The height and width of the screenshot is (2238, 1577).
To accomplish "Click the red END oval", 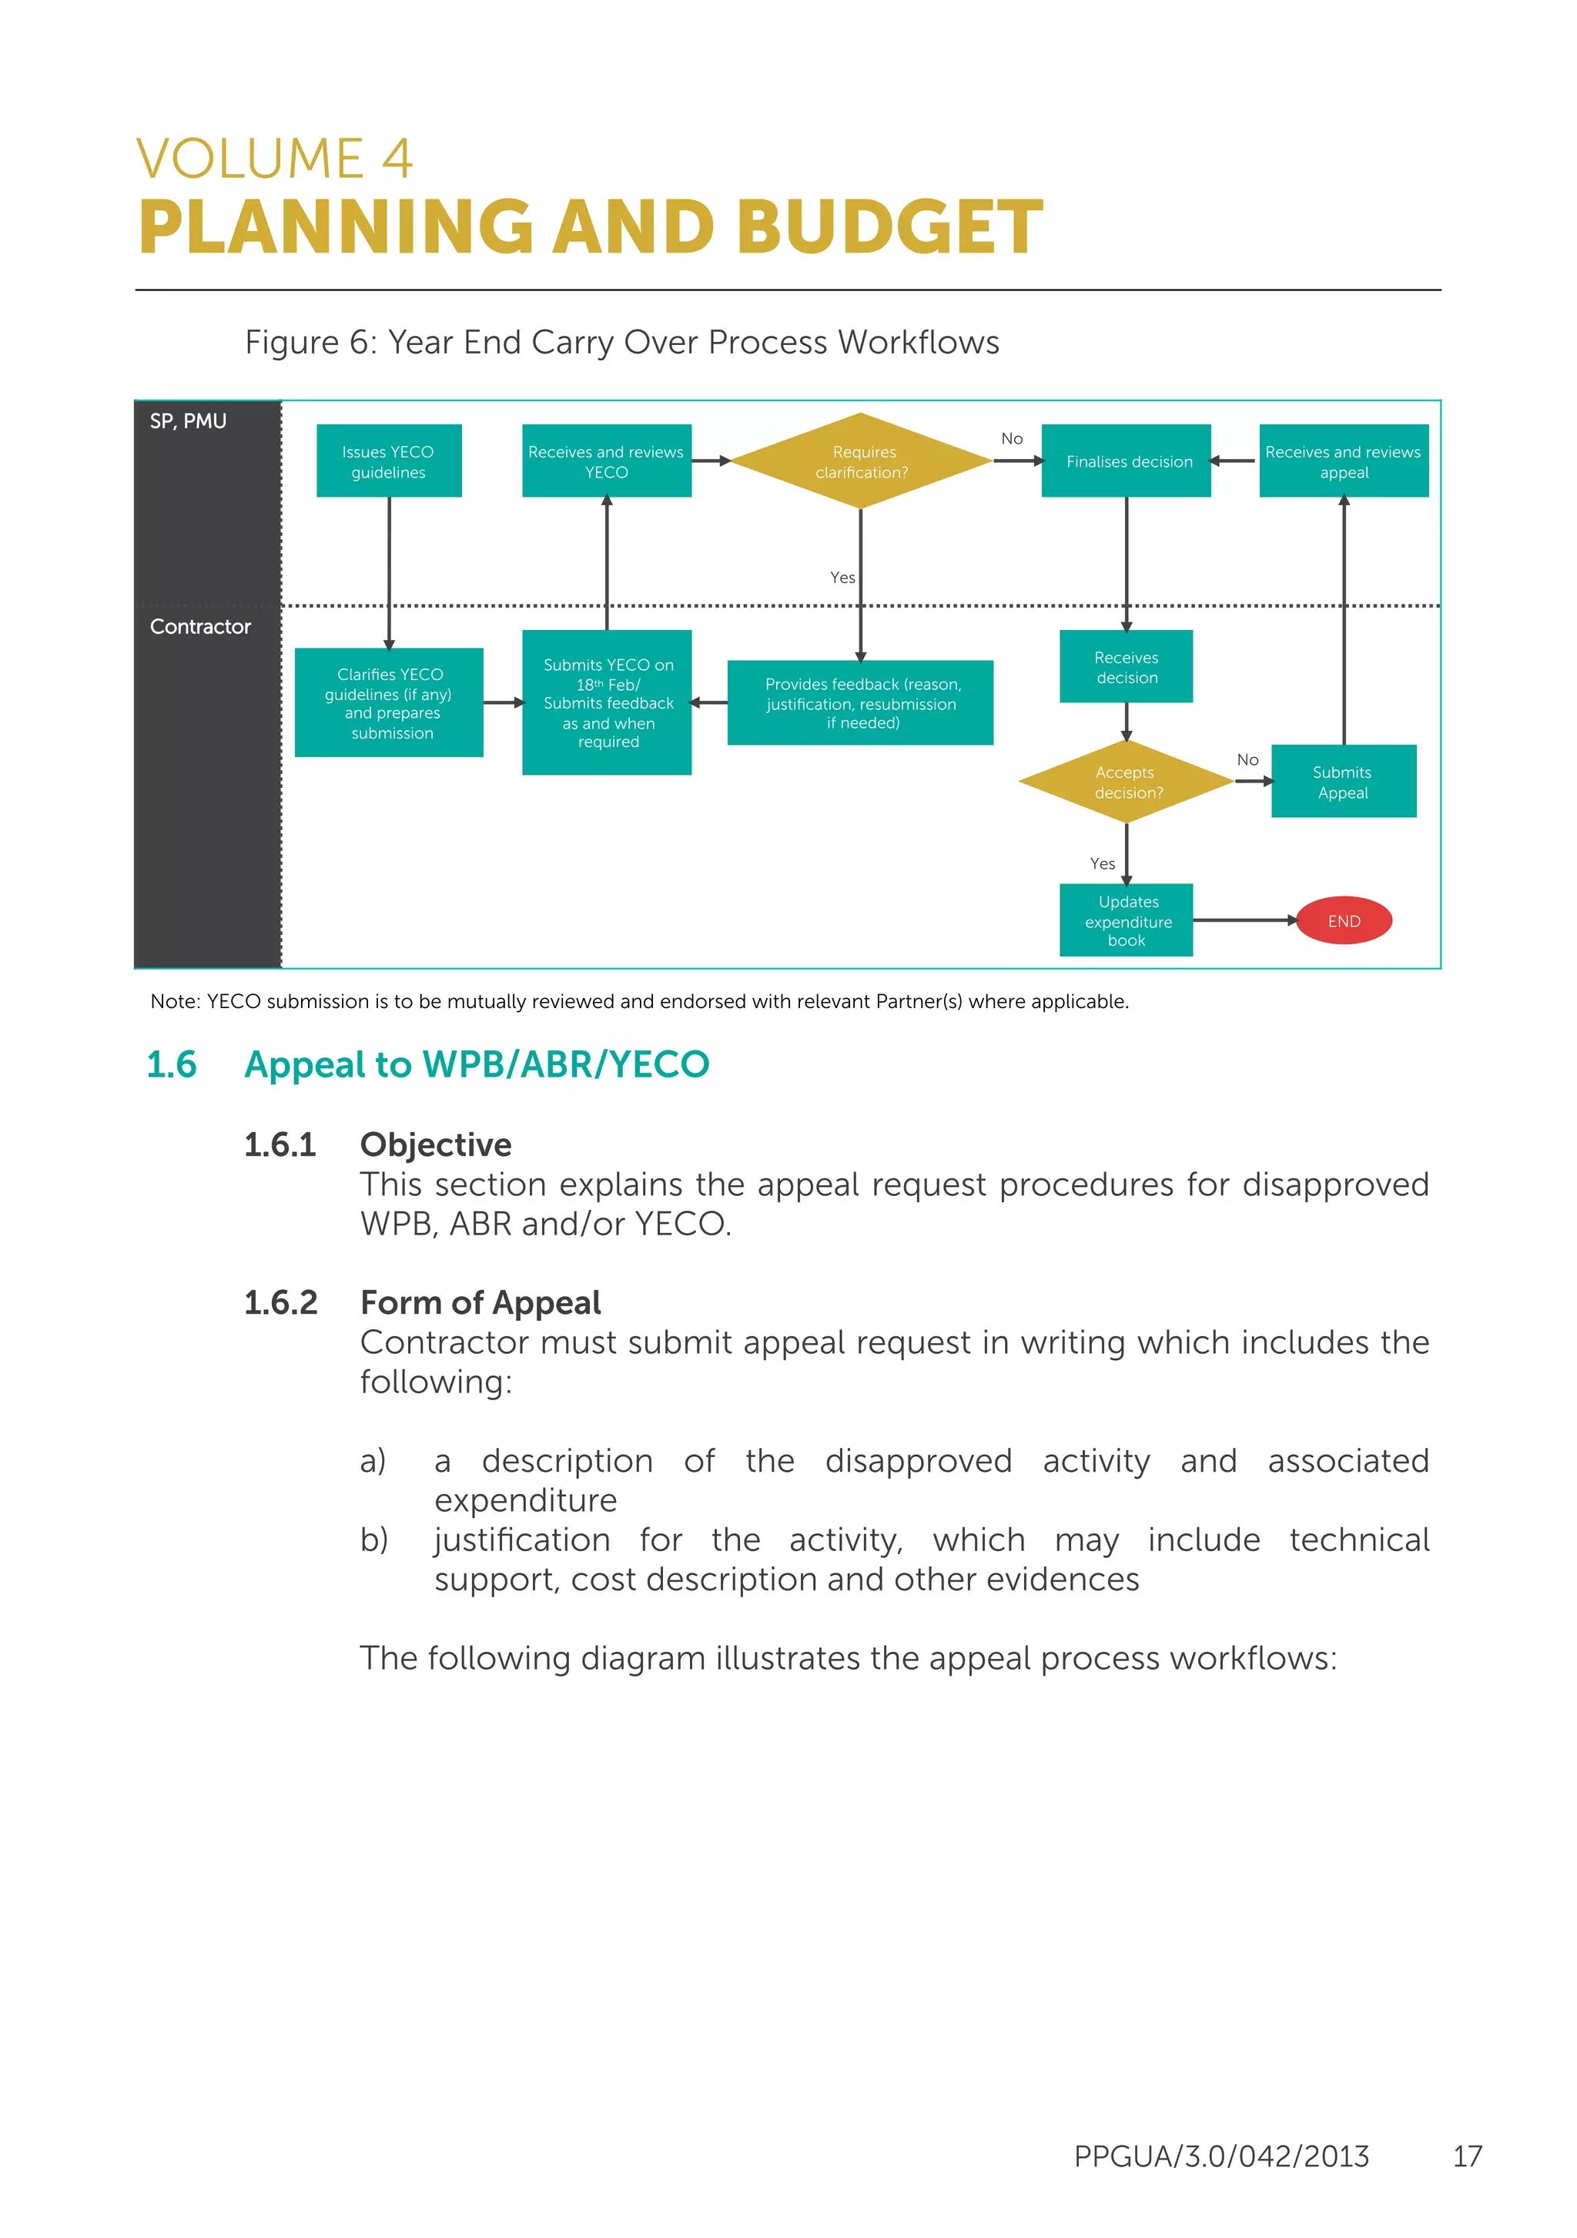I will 1343,920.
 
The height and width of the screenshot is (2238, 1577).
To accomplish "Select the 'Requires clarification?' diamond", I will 861,461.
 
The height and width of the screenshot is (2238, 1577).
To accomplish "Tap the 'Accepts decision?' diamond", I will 1127,782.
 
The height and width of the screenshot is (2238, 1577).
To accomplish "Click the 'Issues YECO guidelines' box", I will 389,461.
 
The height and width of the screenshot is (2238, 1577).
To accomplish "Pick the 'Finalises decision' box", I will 1127,461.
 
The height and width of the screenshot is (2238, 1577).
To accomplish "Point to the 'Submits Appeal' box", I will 1343,782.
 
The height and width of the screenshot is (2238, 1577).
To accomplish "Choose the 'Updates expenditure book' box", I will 1127,920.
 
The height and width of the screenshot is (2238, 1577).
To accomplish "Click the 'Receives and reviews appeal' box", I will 1343,461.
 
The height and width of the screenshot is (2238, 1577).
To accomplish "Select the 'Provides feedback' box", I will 861,703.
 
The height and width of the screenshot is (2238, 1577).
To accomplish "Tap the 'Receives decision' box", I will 1127,667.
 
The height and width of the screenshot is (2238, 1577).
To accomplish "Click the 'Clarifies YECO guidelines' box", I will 389,703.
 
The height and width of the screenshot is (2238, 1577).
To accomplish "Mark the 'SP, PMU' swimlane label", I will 188,421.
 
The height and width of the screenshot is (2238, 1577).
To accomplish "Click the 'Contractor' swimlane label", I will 199,627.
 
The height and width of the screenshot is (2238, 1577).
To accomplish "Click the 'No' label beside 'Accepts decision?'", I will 1247,759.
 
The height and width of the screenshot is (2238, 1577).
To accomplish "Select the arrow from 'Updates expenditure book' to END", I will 1244,920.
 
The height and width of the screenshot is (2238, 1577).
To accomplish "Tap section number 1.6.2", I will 281,1303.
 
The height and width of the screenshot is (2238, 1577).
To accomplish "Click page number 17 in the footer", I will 1467,2156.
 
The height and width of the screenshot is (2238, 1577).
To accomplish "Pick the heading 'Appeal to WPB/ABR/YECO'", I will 477,1064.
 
